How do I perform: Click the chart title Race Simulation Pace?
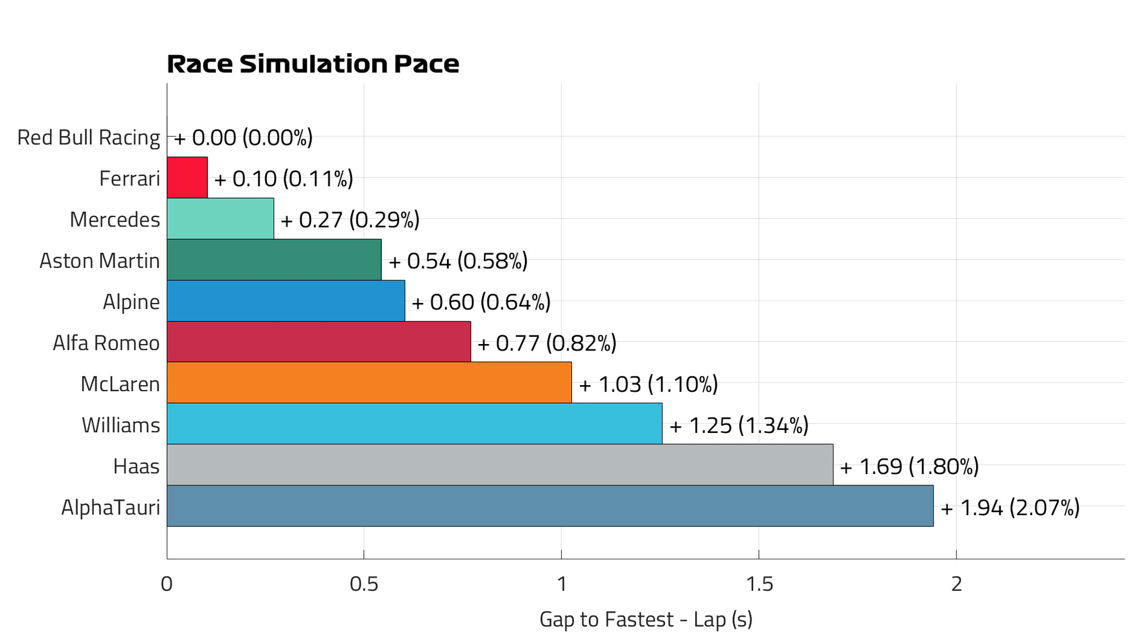click(313, 64)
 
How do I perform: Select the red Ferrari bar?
click(187, 178)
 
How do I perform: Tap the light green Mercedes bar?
click(220, 219)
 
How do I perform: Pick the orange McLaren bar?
click(369, 383)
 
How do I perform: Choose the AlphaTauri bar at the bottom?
click(549, 506)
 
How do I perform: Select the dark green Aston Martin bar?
click(274, 260)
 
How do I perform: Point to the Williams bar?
click(414, 424)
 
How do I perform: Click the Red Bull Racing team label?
click(88, 138)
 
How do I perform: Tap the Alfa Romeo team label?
click(106, 343)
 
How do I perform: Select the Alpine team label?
click(131, 302)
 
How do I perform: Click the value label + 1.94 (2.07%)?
click(1010, 508)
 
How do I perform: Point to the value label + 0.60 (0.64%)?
click(481, 302)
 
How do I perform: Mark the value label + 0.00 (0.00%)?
click(243, 138)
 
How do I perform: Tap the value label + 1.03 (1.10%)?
click(648, 385)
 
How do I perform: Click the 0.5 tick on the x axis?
click(363, 584)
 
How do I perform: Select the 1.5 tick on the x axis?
click(759, 584)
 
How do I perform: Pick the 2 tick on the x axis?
click(956, 584)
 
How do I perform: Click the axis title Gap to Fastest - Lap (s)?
click(646, 620)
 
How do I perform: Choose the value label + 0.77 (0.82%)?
click(546, 343)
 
